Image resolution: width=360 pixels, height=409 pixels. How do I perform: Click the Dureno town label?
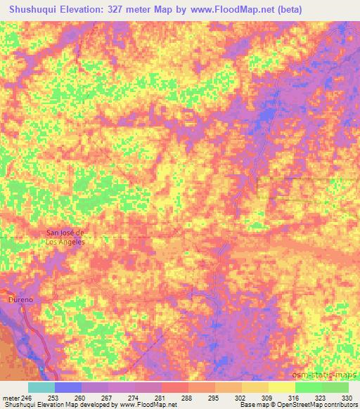(x=21, y=299)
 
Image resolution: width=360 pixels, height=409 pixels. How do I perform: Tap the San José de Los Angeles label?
(x=65, y=238)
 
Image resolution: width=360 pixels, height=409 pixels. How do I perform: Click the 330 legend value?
(x=348, y=398)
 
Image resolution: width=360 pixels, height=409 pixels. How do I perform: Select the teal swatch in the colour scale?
(x=41, y=387)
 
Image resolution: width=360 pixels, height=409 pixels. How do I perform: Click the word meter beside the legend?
(x=11, y=398)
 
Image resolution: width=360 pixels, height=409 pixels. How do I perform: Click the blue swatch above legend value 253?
(x=67, y=387)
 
